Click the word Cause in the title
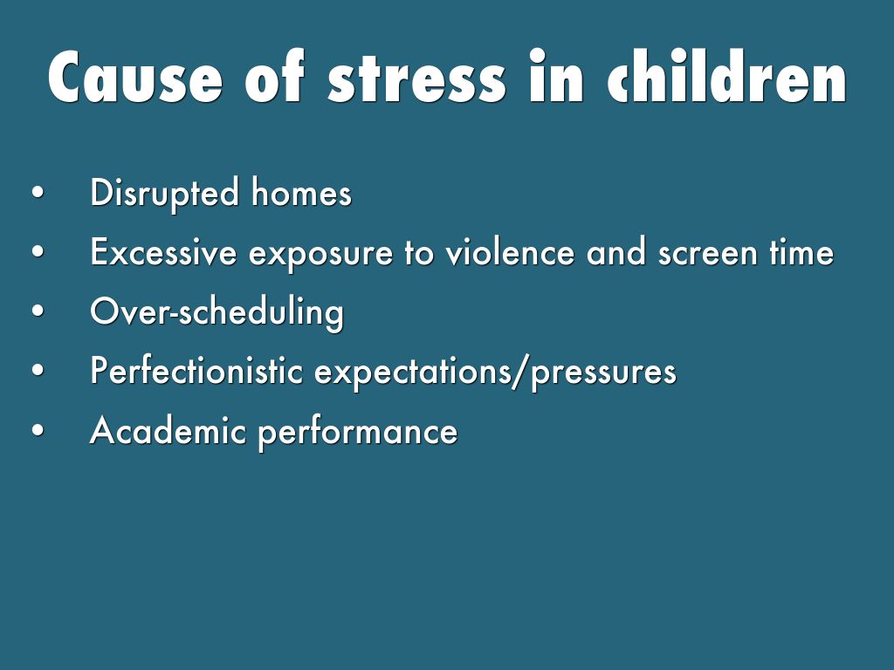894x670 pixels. click(x=135, y=77)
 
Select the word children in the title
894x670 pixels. click(x=727, y=76)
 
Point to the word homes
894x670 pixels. click(x=301, y=192)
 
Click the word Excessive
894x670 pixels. click(x=163, y=252)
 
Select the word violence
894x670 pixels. click(x=510, y=252)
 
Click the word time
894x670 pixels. click(x=801, y=252)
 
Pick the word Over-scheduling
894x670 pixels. click(x=217, y=312)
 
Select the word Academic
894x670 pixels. click(x=168, y=430)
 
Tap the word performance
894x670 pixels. click(x=358, y=433)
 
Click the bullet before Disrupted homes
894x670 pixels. click(x=38, y=192)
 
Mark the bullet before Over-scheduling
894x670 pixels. click(x=38, y=311)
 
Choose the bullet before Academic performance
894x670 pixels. click(x=38, y=430)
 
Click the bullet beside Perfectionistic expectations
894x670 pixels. click(x=38, y=370)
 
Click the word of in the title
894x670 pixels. click(x=275, y=77)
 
